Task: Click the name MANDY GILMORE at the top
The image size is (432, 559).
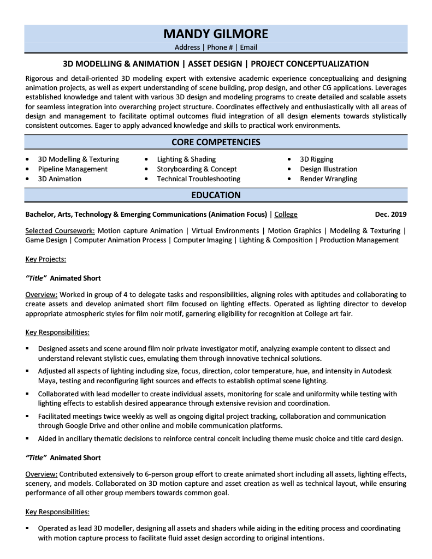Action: [216, 34]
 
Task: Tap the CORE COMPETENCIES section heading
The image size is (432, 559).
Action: [216, 142]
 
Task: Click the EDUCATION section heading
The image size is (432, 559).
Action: [216, 195]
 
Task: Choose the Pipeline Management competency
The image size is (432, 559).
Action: [73, 169]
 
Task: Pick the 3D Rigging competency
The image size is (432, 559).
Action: [317, 159]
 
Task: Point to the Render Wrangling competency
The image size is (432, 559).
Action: [328, 179]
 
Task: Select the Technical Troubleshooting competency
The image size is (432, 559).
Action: [198, 179]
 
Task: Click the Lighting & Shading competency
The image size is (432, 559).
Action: [186, 159]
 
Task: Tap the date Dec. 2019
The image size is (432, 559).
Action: [390, 215]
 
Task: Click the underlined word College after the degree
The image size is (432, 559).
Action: [286, 215]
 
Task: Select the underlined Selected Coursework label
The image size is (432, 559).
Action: [60, 231]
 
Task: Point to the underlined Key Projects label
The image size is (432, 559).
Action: [46, 259]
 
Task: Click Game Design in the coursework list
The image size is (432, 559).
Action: [46, 240]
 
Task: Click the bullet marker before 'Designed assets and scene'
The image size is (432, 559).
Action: [28, 348]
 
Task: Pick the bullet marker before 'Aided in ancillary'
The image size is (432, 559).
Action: [28, 438]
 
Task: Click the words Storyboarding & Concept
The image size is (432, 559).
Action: [197, 169]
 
